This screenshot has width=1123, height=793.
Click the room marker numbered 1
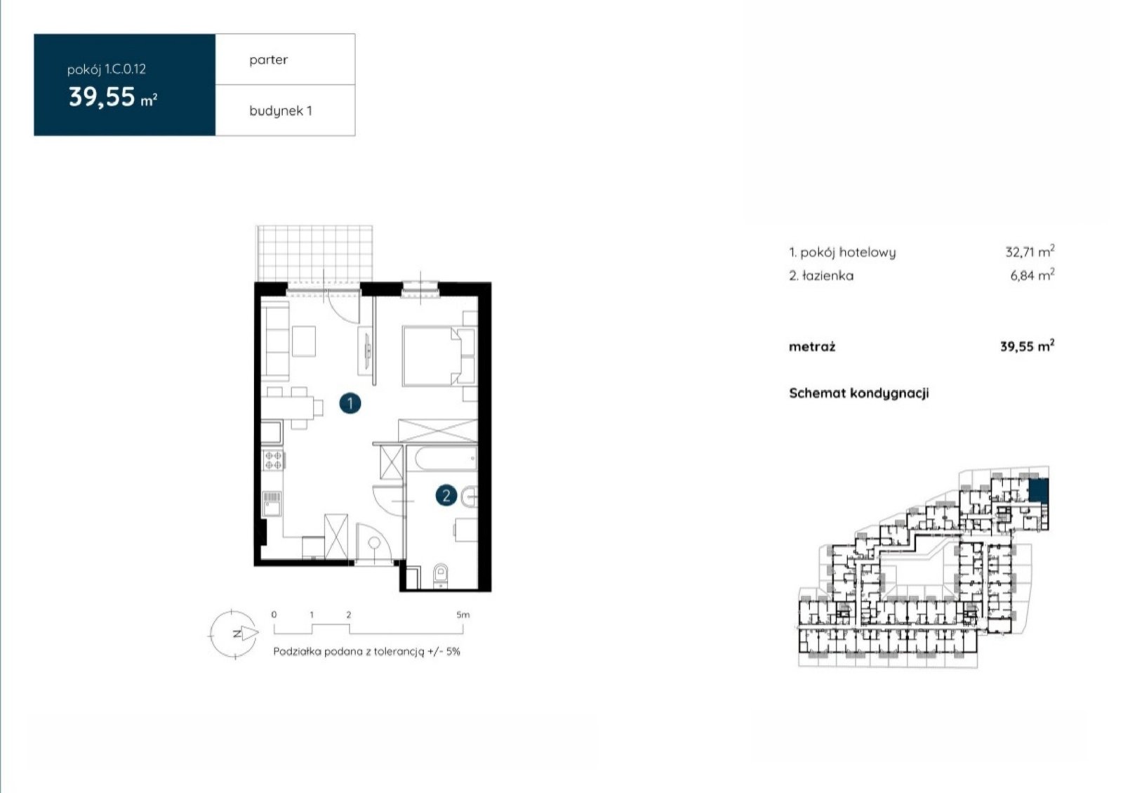[x=350, y=403]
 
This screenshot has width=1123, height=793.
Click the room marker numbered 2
[x=446, y=496]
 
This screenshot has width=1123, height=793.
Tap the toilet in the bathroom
[x=441, y=575]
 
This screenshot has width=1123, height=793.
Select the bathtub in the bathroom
[x=441, y=459]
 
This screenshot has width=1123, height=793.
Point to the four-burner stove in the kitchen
[x=273, y=460]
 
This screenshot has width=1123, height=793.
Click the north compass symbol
[x=234, y=634]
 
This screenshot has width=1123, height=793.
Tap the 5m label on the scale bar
[x=463, y=615]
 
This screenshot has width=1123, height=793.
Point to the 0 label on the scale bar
[x=274, y=615]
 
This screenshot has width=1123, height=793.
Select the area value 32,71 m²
[x=1030, y=251]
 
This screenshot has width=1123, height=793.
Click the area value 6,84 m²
[x=1032, y=275]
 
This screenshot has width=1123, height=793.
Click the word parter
[x=268, y=60]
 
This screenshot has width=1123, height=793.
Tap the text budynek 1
[x=281, y=111]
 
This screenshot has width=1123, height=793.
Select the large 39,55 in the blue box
[x=102, y=97]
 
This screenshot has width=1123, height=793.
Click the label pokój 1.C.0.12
[x=106, y=70]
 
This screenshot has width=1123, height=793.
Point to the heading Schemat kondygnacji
[x=859, y=393]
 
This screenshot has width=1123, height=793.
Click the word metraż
[x=811, y=346]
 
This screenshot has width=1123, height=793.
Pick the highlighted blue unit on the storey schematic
[x=1038, y=490]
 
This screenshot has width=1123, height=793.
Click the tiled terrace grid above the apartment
[x=314, y=254]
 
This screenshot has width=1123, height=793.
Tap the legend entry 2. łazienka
[x=820, y=275]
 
